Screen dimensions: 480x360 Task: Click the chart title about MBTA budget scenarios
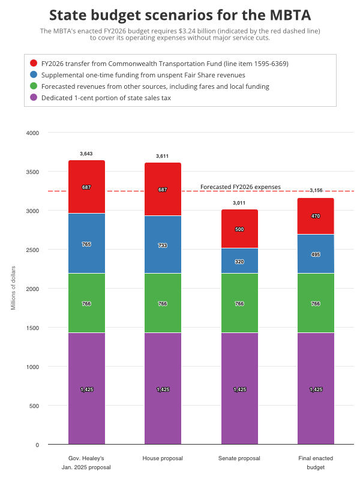[179, 14]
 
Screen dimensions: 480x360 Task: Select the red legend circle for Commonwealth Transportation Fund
[34, 63]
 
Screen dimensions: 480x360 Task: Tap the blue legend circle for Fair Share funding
[34, 74]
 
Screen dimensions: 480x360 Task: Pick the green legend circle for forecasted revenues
[34, 86]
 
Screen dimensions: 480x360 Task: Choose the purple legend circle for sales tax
[34, 97]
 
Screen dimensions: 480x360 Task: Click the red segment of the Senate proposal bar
[239, 237]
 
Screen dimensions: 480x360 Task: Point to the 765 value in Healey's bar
[86, 244]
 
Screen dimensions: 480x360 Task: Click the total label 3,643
[86, 154]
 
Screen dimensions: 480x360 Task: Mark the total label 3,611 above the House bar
[163, 156]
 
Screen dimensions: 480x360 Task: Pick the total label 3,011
[239, 203]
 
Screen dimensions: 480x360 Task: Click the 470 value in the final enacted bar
[316, 215]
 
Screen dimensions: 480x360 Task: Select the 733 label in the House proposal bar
[163, 246]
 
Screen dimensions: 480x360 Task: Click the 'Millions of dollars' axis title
[14, 289]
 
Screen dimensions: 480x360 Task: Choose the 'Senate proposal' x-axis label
[239, 458]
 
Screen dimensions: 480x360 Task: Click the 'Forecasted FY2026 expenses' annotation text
[240, 187]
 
